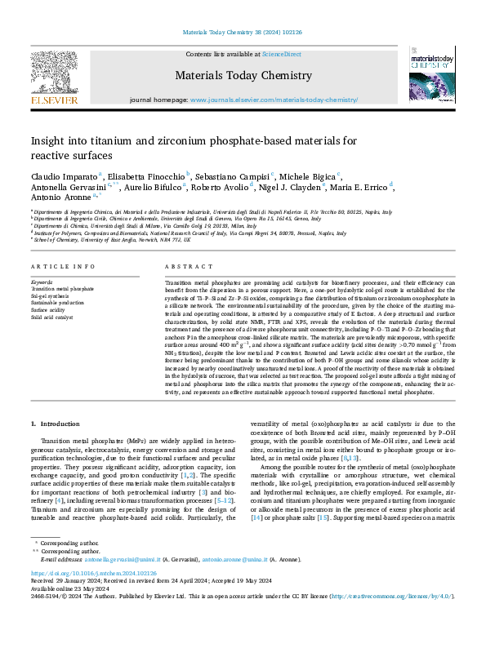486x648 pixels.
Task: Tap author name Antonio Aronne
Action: click(x=61, y=198)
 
